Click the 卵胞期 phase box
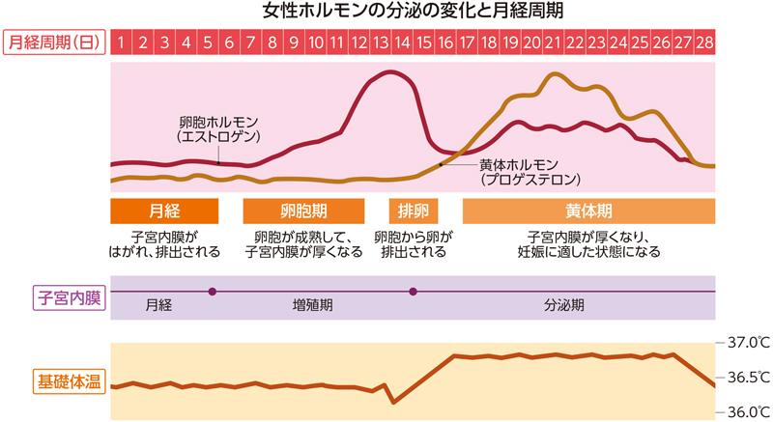click(x=303, y=211)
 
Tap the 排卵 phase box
click(x=413, y=211)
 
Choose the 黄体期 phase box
click(x=588, y=211)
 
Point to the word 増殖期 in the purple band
click(x=313, y=305)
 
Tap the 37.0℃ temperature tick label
click(x=748, y=343)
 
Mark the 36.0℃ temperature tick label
click(x=748, y=411)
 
